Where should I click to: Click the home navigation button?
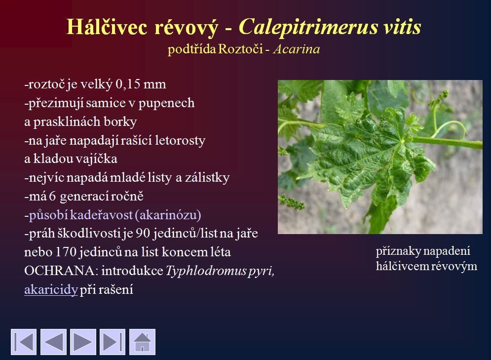[142, 342]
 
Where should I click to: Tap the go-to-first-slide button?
[24, 342]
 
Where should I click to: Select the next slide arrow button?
[83, 342]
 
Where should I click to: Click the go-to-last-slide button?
[113, 342]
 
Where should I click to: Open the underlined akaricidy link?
[51, 289]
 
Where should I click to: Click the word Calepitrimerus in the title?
[308, 27]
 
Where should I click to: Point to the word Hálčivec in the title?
[107, 27]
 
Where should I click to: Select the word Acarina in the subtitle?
[297, 49]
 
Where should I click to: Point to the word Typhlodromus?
[206, 271]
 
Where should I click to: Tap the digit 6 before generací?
[52, 197]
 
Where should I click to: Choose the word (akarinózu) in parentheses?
[168, 215]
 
